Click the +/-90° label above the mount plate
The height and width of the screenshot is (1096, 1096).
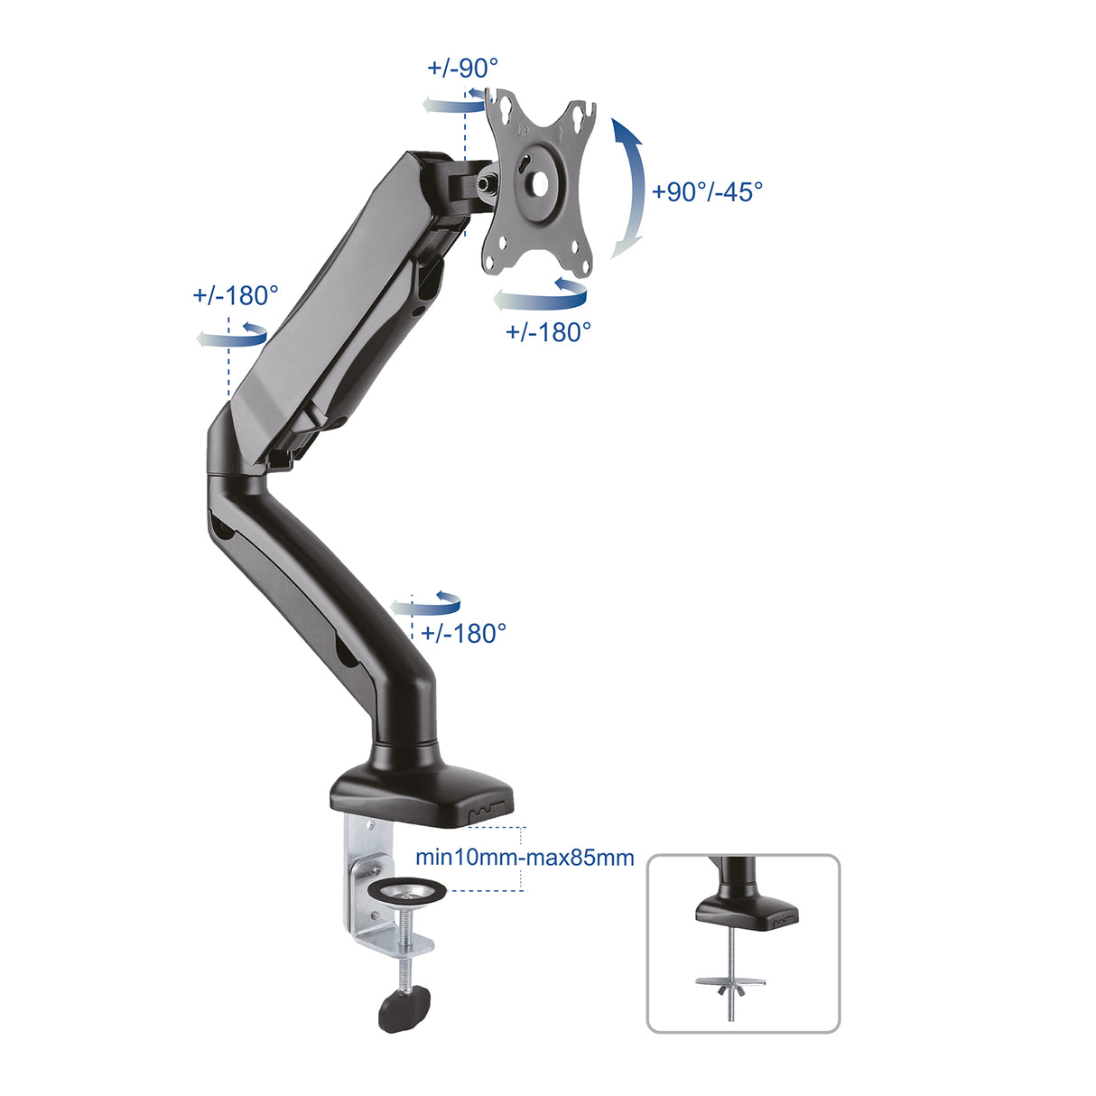click(x=462, y=68)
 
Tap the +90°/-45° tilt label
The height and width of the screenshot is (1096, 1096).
click(x=707, y=191)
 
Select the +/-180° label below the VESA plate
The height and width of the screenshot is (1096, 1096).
click(x=548, y=331)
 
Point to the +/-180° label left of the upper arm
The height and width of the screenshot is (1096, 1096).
click(x=236, y=295)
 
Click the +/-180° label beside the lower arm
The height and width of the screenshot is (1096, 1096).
click(x=463, y=633)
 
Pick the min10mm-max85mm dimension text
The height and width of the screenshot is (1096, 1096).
click(x=525, y=857)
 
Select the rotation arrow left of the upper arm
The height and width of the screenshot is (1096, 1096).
click(x=232, y=336)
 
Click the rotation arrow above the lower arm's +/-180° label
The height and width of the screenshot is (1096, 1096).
click(x=426, y=604)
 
